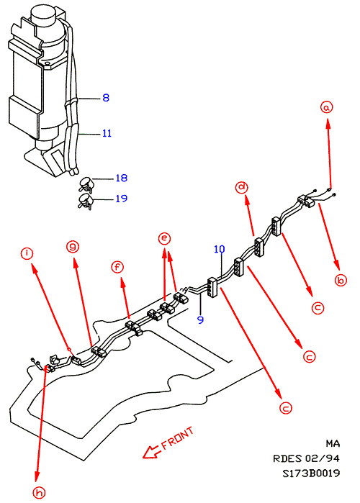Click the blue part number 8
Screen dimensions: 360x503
click(x=106, y=98)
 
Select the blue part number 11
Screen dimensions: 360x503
click(x=107, y=133)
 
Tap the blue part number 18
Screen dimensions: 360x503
click(x=122, y=178)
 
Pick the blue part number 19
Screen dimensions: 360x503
click(x=122, y=199)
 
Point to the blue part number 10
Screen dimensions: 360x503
click(x=220, y=249)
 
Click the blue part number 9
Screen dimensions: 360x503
click(x=201, y=320)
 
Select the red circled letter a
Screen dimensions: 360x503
click(x=327, y=107)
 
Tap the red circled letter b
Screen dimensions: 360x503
click(x=341, y=280)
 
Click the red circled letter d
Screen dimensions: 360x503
click(x=242, y=187)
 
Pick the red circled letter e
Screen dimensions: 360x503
click(x=164, y=238)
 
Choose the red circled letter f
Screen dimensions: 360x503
click(x=117, y=267)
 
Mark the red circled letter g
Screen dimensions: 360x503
click(x=73, y=246)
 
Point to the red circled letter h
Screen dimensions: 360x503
click(x=39, y=492)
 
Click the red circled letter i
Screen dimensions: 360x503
click(x=27, y=253)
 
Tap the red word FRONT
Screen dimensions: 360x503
click(x=178, y=438)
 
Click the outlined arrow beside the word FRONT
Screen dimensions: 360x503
click(x=150, y=452)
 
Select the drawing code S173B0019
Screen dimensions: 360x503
click(x=311, y=473)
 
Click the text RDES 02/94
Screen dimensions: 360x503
click(x=306, y=458)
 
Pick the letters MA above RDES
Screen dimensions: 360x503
click(x=333, y=443)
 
